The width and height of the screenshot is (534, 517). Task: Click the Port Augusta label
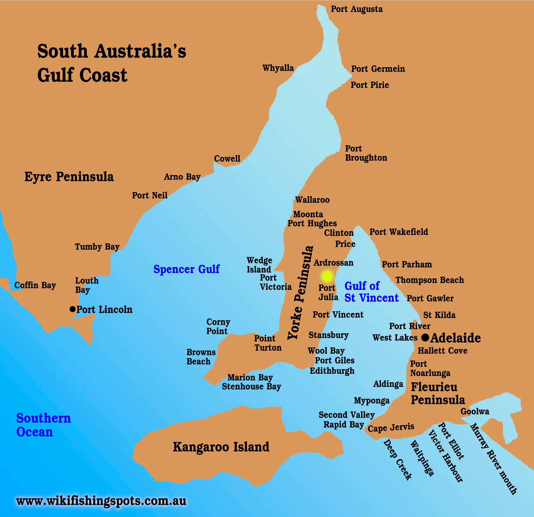coord(356,9)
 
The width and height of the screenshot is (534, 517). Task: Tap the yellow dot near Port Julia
coord(327,276)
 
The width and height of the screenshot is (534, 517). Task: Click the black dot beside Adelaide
coord(425,338)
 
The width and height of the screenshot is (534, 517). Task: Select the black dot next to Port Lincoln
coord(73,309)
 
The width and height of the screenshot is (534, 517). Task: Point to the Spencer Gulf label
coord(186,269)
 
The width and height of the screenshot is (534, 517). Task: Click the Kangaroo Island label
coord(221,447)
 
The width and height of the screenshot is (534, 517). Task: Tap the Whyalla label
coord(278,68)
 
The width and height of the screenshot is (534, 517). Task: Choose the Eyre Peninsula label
coord(69,177)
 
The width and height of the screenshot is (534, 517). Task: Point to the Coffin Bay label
coord(35,285)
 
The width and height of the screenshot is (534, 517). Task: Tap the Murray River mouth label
coord(493,459)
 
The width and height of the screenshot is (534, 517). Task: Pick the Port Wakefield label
coord(398,232)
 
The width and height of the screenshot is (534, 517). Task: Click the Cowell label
coord(227,159)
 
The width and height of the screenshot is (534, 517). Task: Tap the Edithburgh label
coord(332,371)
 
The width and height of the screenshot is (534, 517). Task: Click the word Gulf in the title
coord(55,75)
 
